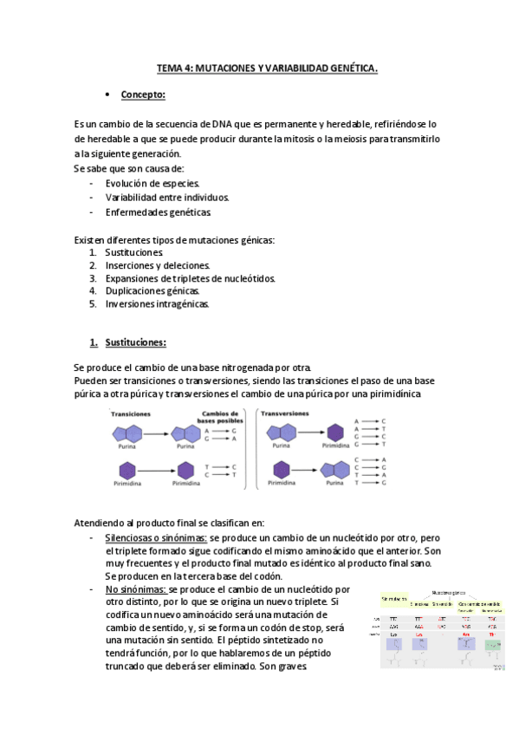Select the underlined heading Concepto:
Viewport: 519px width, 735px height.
(x=143, y=94)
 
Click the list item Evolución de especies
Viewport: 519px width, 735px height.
(x=152, y=184)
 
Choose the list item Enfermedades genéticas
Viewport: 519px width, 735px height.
(x=158, y=212)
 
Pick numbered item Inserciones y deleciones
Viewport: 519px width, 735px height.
(x=158, y=265)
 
